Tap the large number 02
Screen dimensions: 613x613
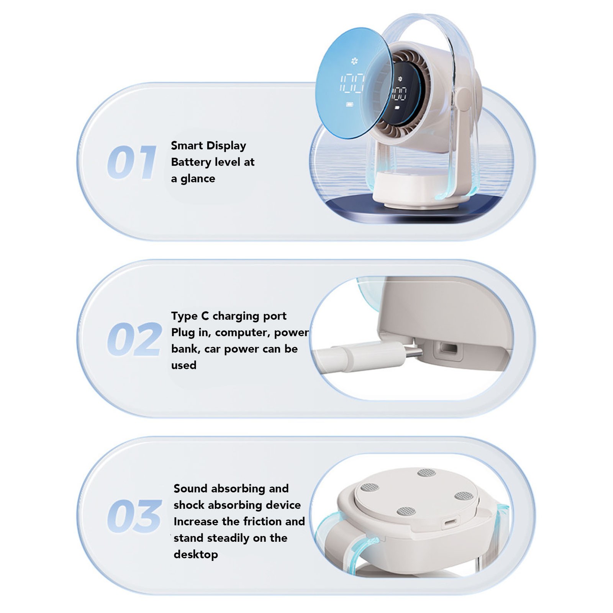[x=134, y=339]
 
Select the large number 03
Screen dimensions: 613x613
[x=134, y=516]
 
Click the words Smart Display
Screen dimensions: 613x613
[x=208, y=146]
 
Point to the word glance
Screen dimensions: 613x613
[x=198, y=179]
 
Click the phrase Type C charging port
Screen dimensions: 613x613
[x=229, y=316]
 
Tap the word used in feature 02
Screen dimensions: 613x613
[x=184, y=365]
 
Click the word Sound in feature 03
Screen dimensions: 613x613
[x=190, y=488]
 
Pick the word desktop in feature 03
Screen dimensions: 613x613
[x=196, y=554]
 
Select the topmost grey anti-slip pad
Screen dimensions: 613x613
[x=426, y=472]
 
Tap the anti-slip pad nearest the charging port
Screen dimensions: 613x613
[x=406, y=511]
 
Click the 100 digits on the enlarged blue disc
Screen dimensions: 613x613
[x=352, y=83]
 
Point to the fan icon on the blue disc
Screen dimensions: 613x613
[x=354, y=61]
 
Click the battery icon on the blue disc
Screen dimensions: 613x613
[x=350, y=104]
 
